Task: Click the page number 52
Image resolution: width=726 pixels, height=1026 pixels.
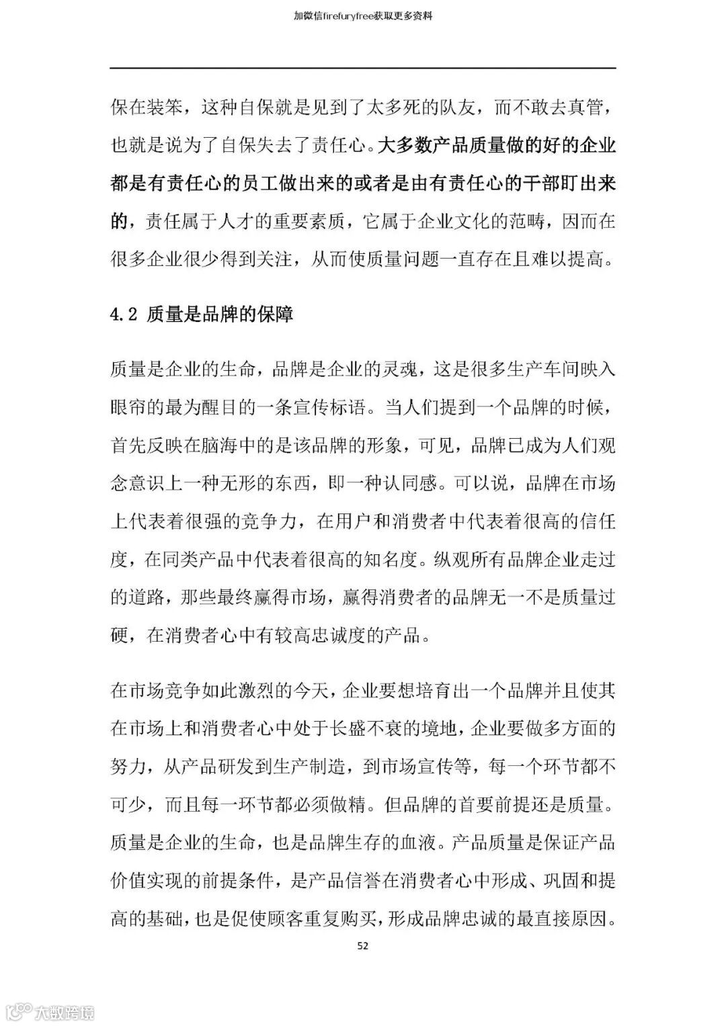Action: click(362, 946)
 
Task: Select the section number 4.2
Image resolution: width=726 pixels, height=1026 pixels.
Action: click(124, 314)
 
